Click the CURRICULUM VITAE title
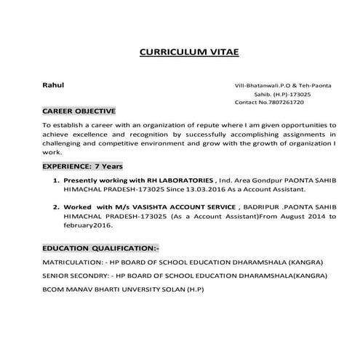tap(188, 52)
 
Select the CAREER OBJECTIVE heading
tap(79, 111)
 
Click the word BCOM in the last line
tap(54, 290)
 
